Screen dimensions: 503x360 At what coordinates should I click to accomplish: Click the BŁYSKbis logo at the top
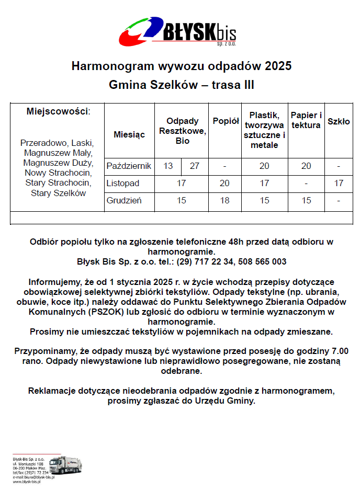pos(178,32)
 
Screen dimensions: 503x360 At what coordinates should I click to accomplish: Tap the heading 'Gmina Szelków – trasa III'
pos(182,85)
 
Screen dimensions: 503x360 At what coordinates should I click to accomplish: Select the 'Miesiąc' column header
pos(129,134)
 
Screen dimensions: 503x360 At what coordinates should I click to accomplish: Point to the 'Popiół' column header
pos(226,121)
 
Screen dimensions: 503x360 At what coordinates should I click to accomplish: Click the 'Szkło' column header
pos(339,121)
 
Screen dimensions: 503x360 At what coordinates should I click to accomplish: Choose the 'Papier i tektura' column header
pos(306,120)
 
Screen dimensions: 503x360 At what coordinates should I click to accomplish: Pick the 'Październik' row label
pos(129,166)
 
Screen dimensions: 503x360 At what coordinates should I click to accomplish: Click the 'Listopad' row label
pos(123,184)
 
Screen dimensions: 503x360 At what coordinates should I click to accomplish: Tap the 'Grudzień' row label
pos(124,200)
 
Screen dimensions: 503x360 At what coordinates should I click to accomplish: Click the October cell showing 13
pos(168,166)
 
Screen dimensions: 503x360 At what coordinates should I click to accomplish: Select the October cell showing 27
pos(195,166)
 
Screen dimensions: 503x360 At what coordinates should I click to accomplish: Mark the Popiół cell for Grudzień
pos(224,200)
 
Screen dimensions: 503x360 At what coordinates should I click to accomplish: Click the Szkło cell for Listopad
pos(339,184)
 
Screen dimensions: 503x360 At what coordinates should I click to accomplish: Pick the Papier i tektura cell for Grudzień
pos(306,200)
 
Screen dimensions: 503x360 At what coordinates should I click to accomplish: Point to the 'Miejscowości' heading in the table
pos(58,111)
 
